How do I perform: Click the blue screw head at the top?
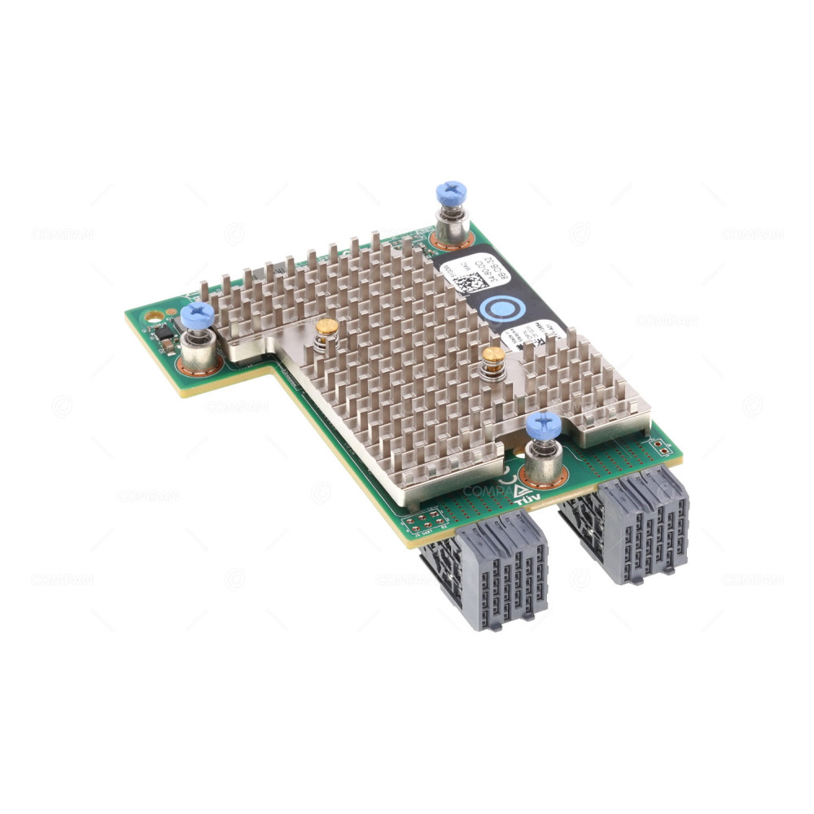[451, 193]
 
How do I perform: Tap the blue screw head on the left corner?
[197, 315]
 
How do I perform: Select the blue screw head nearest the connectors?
[543, 425]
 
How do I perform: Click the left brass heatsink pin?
[326, 327]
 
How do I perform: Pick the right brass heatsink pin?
[492, 356]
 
